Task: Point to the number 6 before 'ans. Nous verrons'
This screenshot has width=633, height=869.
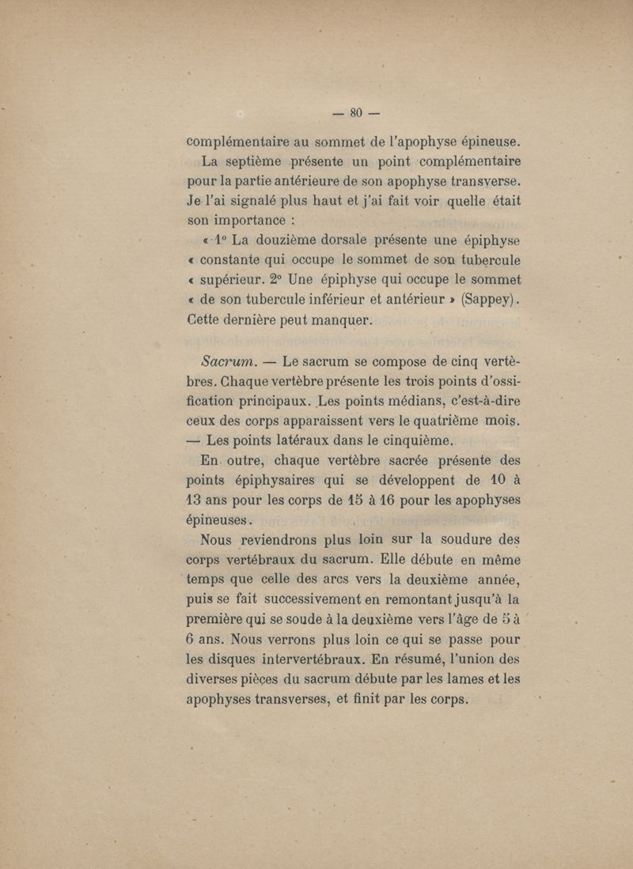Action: point(191,639)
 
